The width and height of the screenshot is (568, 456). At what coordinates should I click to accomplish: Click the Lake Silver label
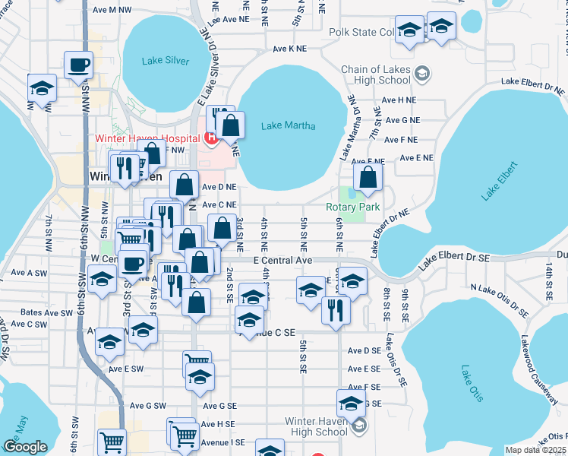pyautogui.click(x=166, y=61)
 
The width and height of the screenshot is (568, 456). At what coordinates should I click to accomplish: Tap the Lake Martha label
pyautogui.click(x=288, y=126)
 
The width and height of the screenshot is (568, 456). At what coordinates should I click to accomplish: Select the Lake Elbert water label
pyautogui.click(x=499, y=181)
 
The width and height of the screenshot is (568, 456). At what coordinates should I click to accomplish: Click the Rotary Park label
pyautogui.click(x=352, y=207)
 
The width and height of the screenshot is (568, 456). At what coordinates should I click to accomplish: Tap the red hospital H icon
pyautogui.click(x=210, y=138)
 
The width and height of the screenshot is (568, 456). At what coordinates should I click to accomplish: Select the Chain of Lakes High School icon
pyautogui.click(x=422, y=74)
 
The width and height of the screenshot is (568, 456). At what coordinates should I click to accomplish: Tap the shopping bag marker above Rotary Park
pyautogui.click(x=368, y=179)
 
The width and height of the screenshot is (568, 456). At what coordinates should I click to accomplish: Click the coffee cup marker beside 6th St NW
pyautogui.click(x=79, y=65)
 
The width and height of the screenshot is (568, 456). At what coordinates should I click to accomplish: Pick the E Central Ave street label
pyautogui.click(x=282, y=261)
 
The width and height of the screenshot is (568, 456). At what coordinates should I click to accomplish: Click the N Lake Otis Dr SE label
pyautogui.click(x=499, y=299)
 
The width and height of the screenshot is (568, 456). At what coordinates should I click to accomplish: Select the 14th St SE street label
pyautogui.click(x=547, y=279)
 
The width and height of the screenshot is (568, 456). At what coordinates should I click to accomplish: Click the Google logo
pyautogui.click(x=25, y=447)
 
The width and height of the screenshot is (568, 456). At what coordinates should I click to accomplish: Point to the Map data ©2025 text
pyautogui.click(x=536, y=450)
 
